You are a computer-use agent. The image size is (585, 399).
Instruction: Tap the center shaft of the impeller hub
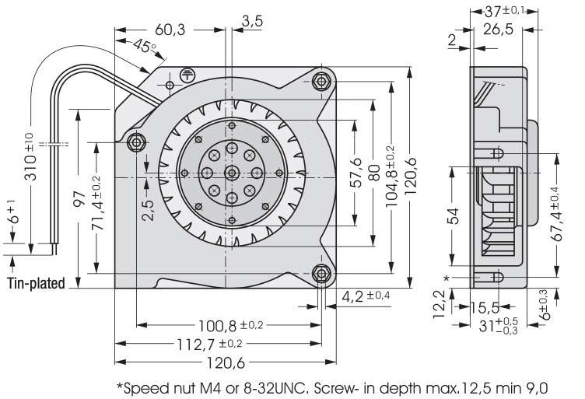231,172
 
